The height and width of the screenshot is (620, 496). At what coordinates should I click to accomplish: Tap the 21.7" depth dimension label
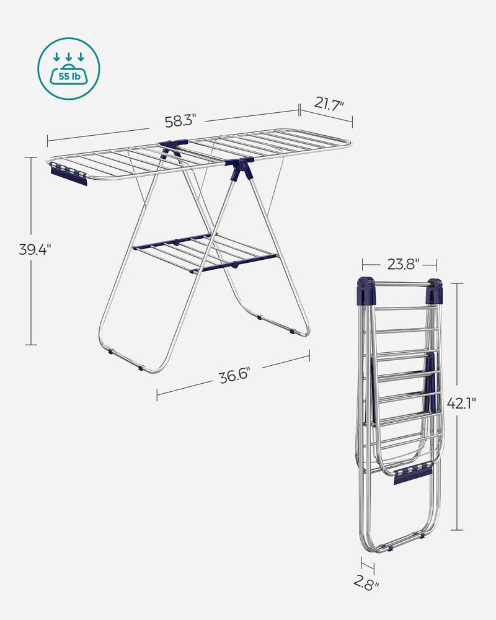[328, 104]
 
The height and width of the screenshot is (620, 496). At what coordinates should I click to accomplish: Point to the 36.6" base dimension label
[234, 376]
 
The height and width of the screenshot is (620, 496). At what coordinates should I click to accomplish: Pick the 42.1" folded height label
[462, 404]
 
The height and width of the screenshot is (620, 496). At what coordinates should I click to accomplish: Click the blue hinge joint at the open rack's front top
[241, 167]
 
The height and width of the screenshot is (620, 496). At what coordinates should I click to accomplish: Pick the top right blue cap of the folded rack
[435, 290]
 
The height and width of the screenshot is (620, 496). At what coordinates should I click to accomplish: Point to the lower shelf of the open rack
[205, 251]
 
